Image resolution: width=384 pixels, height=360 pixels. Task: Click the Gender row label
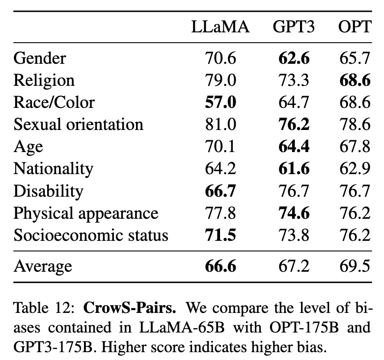tap(40, 58)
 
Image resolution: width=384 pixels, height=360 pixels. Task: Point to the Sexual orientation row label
tap(79, 124)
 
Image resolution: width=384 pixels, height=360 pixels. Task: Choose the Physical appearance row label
tap(86, 213)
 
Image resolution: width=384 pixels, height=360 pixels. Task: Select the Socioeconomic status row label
tap(91, 235)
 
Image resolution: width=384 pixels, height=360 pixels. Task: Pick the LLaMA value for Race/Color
tap(220, 103)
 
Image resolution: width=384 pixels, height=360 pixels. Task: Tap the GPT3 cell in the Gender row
tap(294, 58)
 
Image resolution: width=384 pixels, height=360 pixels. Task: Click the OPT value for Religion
tap(355, 80)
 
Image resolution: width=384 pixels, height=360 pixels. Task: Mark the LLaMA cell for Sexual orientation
tap(220, 124)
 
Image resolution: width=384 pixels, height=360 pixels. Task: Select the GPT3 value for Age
tap(294, 147)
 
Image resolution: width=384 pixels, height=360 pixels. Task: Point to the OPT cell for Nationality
tap(355, 169)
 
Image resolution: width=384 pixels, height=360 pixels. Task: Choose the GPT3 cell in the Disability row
tap(294, 191)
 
